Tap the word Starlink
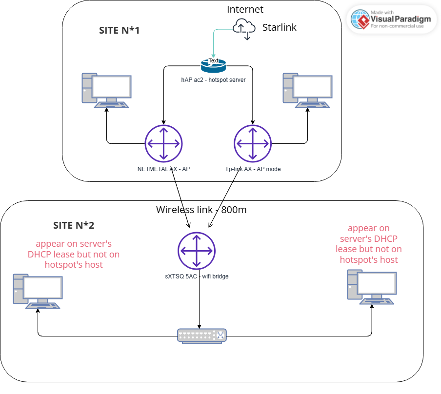[280, 27]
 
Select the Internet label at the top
[245, 9]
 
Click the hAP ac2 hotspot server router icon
[213, 64]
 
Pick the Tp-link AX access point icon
[252, 143]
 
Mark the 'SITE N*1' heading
[120, 31]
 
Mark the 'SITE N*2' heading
[74, 226]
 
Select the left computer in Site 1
[106, 91]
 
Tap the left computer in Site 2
[38, 292]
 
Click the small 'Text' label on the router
[213, 61]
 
